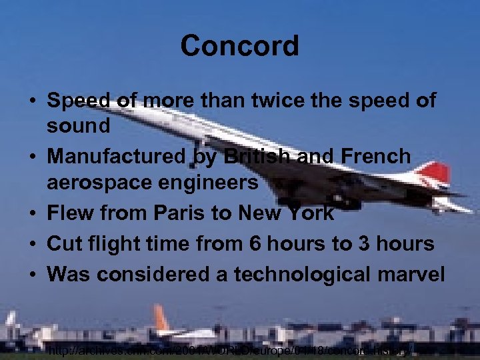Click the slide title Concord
click(239, 46)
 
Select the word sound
click(79, 125)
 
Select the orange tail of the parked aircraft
click(161, 318)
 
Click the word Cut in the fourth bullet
click(63, 243)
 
